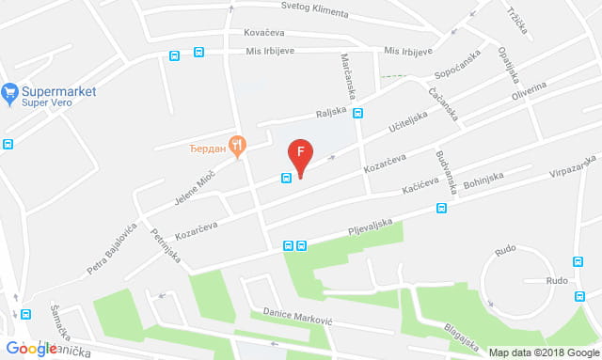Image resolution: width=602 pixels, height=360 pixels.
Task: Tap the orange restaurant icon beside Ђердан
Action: tap(238, 146)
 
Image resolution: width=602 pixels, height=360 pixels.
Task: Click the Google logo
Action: tap(29, 349)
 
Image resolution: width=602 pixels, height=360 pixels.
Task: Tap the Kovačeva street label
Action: tap(263, 32)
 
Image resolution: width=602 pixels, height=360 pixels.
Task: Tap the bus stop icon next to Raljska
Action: tap(358, 113)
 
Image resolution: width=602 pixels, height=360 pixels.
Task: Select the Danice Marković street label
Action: tap(297, 315)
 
